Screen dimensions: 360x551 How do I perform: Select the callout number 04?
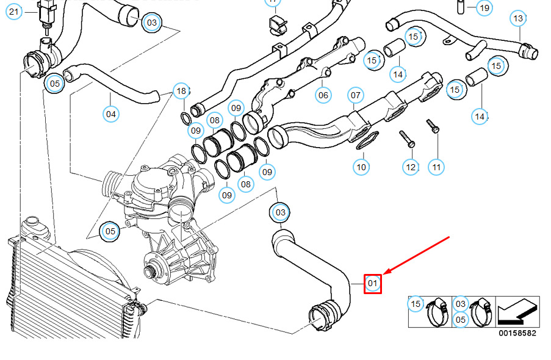tap(110, 113)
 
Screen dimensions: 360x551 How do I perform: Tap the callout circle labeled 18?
tap(181, 92)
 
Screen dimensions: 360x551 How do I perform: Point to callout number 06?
tap(323, 95)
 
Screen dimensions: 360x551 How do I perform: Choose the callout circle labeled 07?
tap(356, 95)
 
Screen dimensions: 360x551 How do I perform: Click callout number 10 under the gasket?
tap(361, 166)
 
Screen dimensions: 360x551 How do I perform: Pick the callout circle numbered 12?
tap(410, 167)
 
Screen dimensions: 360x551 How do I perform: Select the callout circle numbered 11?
tap(436, 166)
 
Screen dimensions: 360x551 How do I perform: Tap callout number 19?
tap(484, 8)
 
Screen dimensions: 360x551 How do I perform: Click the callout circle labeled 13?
tap(518, 18)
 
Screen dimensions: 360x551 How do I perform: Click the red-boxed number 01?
tap(373, 283)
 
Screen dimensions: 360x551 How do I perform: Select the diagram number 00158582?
tap(517, 333)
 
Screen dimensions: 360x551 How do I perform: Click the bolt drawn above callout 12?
tap(407, 139)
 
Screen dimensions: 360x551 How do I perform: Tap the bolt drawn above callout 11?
tap(433, 126)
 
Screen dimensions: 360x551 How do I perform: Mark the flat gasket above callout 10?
tap(365, 141)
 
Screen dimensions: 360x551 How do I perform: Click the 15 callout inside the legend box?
tap(416, 303)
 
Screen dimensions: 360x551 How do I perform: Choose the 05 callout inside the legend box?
tap(460, 319)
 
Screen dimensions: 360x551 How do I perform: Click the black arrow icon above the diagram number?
tap(517, 312)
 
